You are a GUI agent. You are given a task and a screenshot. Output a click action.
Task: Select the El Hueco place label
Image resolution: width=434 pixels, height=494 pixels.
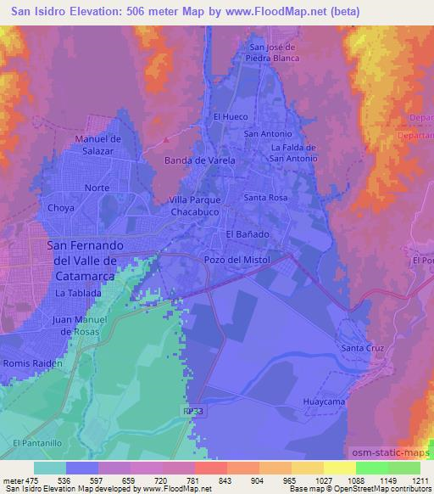[229, 116]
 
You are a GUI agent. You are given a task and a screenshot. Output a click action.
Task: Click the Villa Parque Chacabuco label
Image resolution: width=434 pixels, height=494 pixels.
[196, 205]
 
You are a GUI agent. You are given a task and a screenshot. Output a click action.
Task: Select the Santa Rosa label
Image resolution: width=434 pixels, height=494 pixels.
[267, 197]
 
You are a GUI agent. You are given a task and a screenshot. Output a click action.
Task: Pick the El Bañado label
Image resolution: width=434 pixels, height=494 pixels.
[248, 233]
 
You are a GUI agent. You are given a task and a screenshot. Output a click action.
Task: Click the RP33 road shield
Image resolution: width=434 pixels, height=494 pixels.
[192, 411]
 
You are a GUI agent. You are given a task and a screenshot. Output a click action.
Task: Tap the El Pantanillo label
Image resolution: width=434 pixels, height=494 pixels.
[34, 443]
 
